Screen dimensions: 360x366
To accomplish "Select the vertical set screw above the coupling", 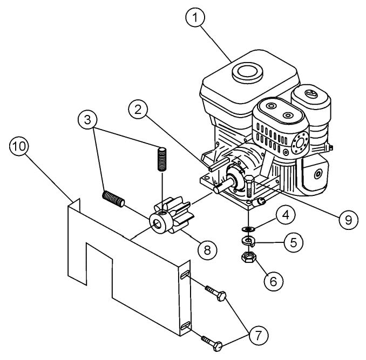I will click(x=161, y=158).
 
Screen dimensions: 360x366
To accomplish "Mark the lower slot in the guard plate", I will click(x=185, y=326).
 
